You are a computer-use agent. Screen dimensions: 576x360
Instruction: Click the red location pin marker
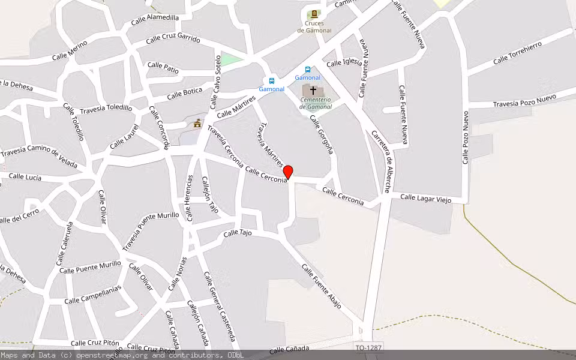tap(288, 172)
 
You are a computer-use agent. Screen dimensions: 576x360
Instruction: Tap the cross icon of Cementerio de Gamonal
tap(313, 90)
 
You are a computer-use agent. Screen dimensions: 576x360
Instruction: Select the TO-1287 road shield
tap(368, 348)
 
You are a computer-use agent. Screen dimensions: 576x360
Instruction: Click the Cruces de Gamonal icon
tap(313, 14)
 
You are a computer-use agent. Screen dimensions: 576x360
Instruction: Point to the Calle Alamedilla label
tap(155, 21)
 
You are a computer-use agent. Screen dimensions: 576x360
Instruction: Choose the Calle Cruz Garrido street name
tap(173, 39)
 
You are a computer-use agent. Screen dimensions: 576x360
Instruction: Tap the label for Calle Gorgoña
tap(320, 135)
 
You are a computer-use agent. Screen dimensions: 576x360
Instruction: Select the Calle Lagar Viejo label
tap(425, 198)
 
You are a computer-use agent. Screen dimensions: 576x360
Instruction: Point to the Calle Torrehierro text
tap(517, 53)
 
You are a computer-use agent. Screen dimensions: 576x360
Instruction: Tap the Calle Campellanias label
tap(92, 294)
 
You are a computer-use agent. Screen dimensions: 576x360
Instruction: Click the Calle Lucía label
tap(25, 177)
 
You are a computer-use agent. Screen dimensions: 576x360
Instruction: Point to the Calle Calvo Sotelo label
tap(215, 82)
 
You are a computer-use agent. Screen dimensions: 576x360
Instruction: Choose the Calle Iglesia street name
tap(344, 62)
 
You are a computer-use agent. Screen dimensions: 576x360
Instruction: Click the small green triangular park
tap(231, 59)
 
